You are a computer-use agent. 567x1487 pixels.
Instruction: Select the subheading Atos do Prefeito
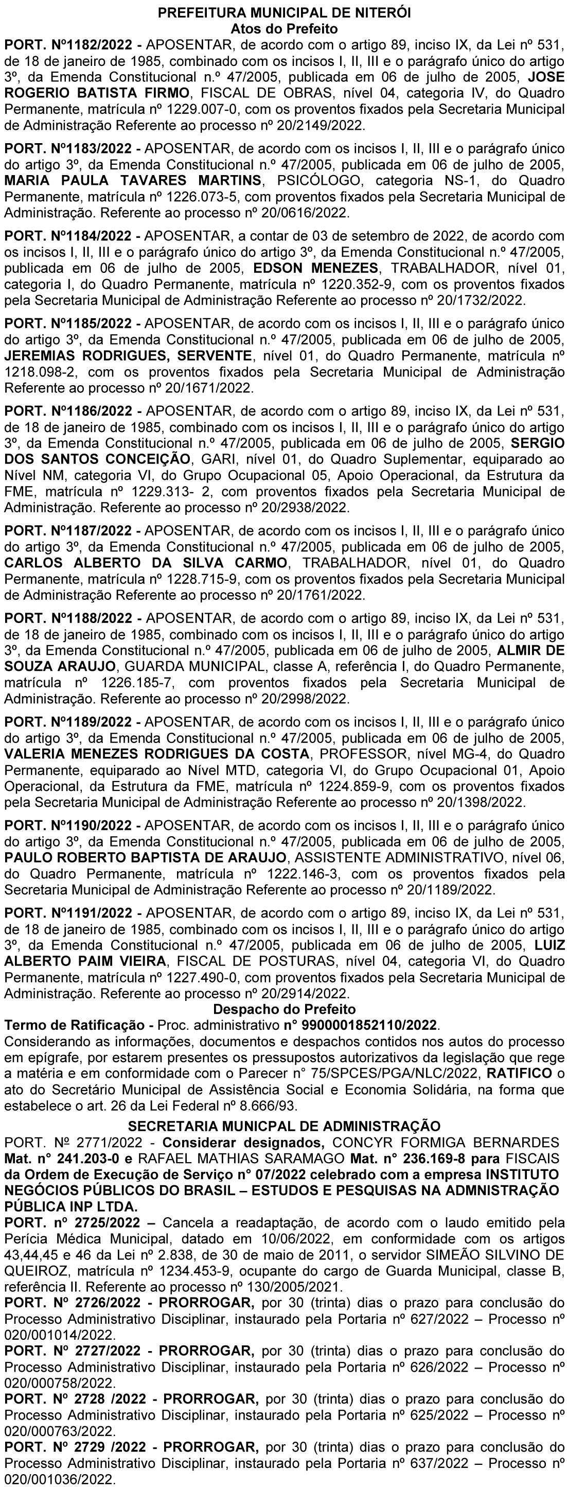click(284, 28)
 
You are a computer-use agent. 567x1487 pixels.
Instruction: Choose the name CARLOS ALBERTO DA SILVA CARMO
click(146, 562)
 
